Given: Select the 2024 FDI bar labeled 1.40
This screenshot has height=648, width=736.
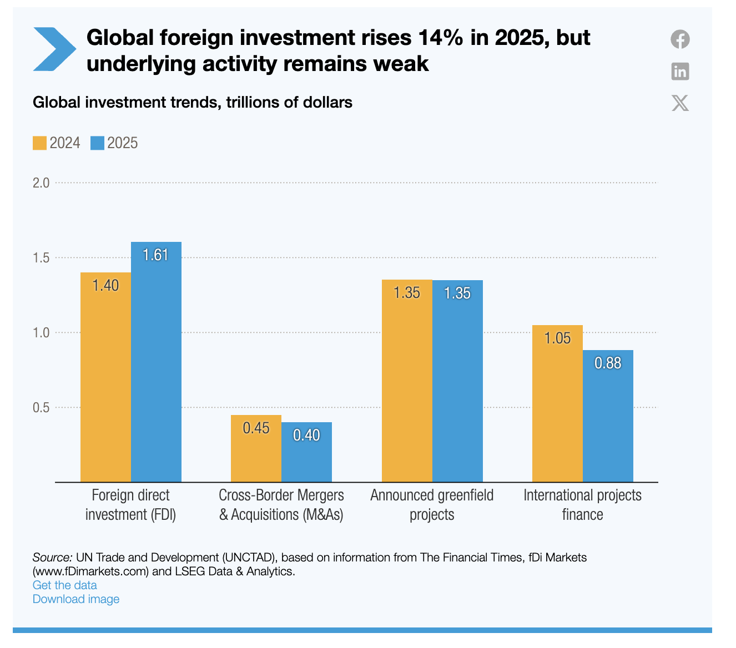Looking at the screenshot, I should [105, 377].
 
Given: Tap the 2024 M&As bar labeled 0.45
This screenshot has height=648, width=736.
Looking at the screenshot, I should [256, 448].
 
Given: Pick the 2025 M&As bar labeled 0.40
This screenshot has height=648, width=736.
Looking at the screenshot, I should [306, 452].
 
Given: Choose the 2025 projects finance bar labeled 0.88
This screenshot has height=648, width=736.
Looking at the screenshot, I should [608, 416].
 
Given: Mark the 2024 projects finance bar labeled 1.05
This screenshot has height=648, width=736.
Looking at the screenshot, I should [557, 403].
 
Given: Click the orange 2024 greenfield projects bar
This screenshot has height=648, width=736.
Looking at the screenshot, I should [407, 381].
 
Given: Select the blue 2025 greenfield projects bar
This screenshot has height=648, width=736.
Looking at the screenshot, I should [457, 381].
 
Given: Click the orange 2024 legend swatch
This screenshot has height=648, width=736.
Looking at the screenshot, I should [39, 143].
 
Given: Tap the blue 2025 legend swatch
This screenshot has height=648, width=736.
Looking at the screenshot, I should [97, 143].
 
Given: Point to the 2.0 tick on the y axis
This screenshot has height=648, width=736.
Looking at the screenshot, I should [41, 183].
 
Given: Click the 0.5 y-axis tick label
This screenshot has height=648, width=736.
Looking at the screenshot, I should [41, 408].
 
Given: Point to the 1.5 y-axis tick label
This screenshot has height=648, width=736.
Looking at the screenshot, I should [41, 258].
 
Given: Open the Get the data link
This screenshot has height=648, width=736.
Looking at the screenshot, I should [65, 585].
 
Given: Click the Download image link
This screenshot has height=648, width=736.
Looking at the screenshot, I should [76, 599].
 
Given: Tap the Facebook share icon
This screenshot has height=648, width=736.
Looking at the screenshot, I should [680, 39].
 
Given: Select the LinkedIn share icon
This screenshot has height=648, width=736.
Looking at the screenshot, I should [680, 71].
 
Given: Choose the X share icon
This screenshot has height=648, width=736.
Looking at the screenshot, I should [680, 103].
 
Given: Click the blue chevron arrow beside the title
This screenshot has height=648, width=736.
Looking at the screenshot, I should [54, 49].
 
